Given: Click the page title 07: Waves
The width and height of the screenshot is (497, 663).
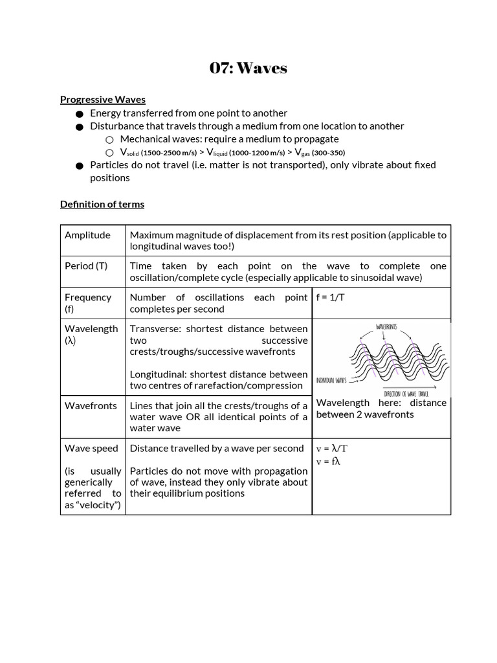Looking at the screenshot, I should click(248, 68).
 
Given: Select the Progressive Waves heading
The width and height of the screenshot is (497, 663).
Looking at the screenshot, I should click(102, 100).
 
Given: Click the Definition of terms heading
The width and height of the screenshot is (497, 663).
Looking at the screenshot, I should click(102, 205).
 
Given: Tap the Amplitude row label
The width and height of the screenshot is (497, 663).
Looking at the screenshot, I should click(87, 235).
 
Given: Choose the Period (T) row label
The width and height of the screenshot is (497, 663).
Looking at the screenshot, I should click(86, 266).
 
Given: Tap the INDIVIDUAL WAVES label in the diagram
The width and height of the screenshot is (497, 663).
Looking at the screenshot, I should click(332, 380).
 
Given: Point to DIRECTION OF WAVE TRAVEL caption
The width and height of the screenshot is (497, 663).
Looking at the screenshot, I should click(406, 394).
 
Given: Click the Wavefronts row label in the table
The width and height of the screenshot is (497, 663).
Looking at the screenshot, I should click(91, 406).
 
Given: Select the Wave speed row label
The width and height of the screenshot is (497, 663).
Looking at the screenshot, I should click(91, 449).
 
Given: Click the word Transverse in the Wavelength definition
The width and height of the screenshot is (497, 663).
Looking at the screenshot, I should click(155, 329).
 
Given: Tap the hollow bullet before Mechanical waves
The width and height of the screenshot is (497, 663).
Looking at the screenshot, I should click(109, 140).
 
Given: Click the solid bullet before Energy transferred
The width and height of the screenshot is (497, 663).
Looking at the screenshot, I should click(79, 114).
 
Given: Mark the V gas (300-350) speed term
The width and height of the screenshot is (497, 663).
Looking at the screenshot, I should click(320, 153).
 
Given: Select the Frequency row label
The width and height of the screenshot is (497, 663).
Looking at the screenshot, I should click(88, 298).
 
